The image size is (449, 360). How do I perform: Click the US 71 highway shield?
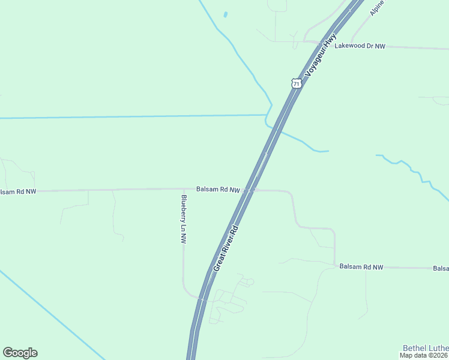tap(296, 83)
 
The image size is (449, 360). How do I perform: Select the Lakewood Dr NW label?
tap(360, 46)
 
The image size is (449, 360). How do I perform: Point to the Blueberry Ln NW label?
tap(184, 218)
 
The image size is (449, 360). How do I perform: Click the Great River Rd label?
tap(226, 248)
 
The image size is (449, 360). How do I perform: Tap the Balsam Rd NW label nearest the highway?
tap(218, 190)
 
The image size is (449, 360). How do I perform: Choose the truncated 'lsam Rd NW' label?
tap(18, 191)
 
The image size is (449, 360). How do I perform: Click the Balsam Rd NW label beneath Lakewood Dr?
tap(361, 266)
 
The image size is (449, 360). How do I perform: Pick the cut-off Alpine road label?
tap(376, 8)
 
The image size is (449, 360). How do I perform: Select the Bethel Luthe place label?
tap(426, 347)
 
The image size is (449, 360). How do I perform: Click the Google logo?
tap(20, 353)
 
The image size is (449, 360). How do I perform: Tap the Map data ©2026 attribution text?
tap(424, 355)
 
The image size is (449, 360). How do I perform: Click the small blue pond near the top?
tap(225, 14)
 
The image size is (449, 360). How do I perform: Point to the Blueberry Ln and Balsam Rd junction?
tap(183, 189)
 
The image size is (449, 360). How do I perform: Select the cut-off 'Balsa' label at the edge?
tap(441, 268)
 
